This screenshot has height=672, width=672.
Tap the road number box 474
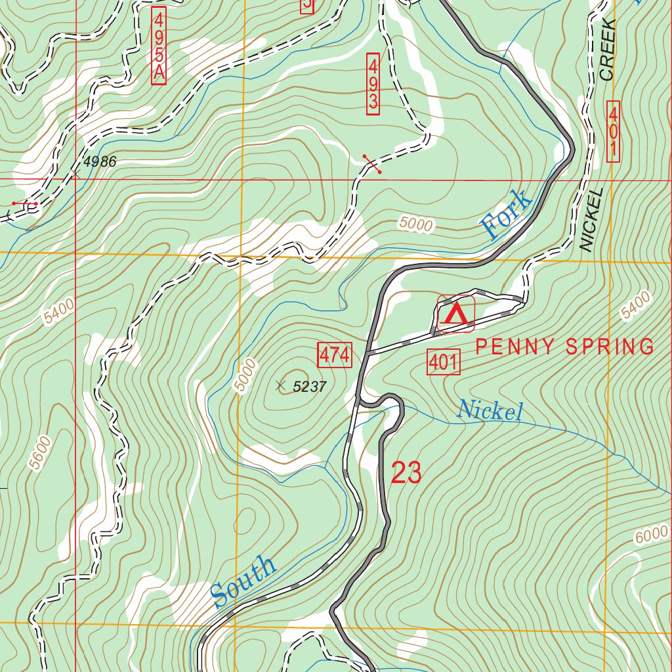[x=335, y=356]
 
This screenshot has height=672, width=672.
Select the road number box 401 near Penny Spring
[x=444, y=362]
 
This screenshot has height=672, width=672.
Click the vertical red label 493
[x=373, y=84]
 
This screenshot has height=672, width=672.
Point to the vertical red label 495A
[x=158, y=45]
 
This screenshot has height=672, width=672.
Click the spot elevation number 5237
[x=310, y=387]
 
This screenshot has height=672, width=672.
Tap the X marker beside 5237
[x=282, y=385]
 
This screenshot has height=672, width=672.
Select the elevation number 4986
[x=100, y=161]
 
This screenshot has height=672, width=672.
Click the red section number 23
[x=406, y=473]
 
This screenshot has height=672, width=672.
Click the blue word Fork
[x=506, y=214]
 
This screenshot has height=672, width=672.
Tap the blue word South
[x=243, y=581]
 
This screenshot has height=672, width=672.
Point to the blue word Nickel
[x=490, y=411]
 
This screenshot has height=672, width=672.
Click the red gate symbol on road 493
[x=372, y=164]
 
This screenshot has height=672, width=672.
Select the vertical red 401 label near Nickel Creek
[x=614, y=131]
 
